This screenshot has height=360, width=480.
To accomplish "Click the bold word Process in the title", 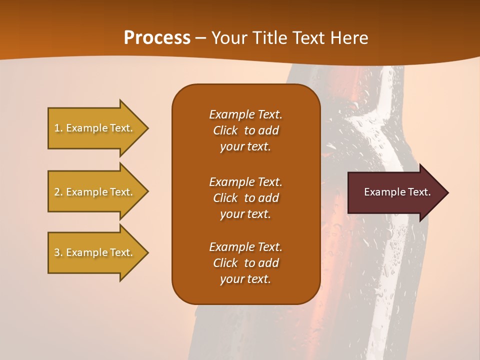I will click(157, 38).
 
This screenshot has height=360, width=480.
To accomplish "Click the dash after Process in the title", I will click(201, 38).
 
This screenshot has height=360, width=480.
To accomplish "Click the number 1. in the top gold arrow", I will click(58, 128).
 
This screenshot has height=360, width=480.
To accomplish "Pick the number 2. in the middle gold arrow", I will click(58, 192).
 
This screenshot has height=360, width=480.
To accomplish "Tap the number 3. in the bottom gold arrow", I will click(58, 252).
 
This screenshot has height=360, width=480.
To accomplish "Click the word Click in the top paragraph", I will click(225, 130).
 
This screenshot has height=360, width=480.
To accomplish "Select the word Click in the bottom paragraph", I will click(225, 263).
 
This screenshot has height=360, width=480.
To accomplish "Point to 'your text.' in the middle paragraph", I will click(245, 214).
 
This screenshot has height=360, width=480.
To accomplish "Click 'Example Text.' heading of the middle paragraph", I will click(245, 181).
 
